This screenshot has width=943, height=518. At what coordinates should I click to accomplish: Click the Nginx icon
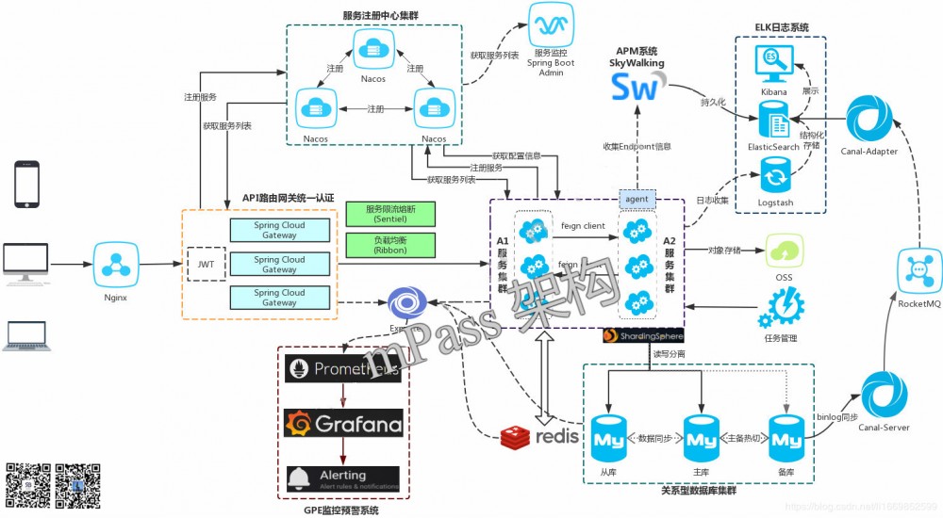click(x=113, y=266)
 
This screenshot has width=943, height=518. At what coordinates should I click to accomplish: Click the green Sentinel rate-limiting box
click(x=390, y=213)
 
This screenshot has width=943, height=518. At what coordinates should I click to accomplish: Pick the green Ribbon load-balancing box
click(x=390, y=245)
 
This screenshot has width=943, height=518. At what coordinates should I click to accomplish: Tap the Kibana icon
click(x=774, y=65)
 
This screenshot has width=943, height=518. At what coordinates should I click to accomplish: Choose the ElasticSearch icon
click(x=775, y=121)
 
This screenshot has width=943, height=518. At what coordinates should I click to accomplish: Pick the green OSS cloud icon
click(x=784, y=251)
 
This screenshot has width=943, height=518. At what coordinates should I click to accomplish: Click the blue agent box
click(x=637, y=199)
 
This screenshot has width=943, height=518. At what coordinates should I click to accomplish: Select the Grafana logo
click(x=343, y=424)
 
